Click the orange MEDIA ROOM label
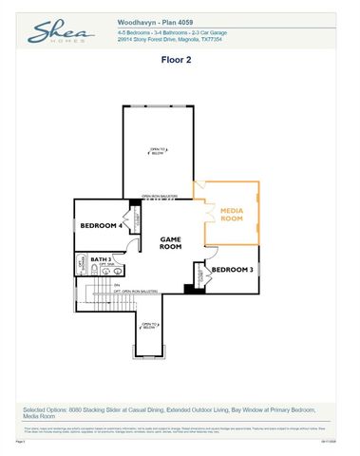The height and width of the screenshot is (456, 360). [233, 214]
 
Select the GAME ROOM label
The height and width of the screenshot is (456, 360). [170, 243]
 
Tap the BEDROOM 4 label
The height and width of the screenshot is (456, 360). [98, 225]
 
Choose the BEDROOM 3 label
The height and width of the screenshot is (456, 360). [233, 270]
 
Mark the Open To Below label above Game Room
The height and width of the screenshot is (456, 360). [158, 150]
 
